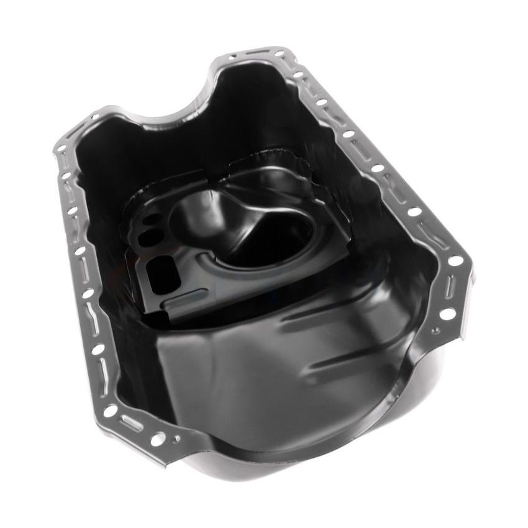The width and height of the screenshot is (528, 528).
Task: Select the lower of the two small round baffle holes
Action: click(x=150, y=237)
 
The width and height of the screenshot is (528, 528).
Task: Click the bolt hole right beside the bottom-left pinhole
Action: click(x=158, y=439)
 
